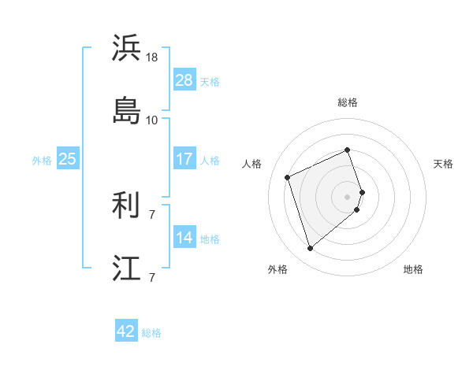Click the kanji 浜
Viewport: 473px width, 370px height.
(x=127, y=49)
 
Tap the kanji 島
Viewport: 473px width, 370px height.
(x=127, y=109)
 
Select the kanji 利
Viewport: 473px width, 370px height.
(x=127, y=206)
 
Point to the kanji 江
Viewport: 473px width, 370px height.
(x=127, y=267)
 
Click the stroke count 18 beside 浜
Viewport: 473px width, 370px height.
(x=152, y=57)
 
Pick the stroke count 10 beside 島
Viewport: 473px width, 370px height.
(x=152, y=120)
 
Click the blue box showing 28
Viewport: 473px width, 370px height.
(x=184, y=80)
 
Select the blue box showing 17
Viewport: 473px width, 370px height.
(x=184, y=159)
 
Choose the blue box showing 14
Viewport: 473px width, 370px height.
(x=184, y=238)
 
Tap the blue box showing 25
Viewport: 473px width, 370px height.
(x=67, y=159)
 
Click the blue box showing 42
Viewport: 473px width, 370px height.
(x=126, y=331)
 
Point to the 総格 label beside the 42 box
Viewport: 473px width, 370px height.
(x=151, y=333)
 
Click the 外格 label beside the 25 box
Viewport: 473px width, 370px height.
(x=42, y=161)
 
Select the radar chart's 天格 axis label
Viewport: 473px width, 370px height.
(x=443, y=164)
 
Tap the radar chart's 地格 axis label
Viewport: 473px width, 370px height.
(x=413, y=269)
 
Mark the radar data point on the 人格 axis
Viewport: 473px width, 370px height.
(x=289, y=176)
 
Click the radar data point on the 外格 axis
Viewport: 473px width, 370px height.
(x=311, y=248)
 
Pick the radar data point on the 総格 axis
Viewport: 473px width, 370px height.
(x=347, y=150)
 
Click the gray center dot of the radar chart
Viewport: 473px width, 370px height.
(x=347, y=195)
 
